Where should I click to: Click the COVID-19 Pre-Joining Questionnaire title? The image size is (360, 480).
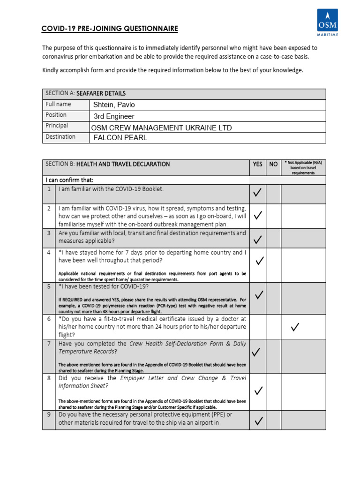110,29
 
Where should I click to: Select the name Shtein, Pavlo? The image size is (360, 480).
114,105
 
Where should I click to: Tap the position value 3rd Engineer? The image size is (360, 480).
114,116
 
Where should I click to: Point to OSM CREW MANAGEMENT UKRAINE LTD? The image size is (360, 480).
161,127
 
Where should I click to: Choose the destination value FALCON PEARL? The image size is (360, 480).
120,138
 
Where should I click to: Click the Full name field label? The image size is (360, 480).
58,104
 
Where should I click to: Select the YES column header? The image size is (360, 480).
258,165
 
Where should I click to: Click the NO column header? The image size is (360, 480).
273,165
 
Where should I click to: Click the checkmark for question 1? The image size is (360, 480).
258,192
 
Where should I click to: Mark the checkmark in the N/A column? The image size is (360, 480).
295,327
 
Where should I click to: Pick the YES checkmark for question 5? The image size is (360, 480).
259,294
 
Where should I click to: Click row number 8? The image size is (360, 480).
49,378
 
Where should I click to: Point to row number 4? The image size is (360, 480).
49,252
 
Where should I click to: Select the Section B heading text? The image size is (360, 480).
107,164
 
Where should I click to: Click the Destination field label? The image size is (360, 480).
60,137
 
